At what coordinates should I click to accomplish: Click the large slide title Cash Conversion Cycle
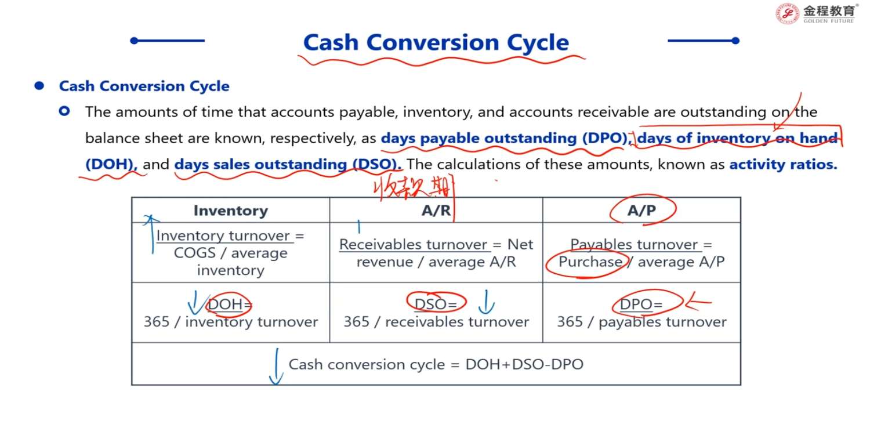coord(436,42)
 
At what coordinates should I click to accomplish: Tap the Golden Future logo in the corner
coord(815,13)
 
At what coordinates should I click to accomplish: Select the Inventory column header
coord(231,211)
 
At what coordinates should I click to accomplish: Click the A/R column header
coord(436,211)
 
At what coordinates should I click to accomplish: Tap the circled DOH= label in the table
coord(230,304)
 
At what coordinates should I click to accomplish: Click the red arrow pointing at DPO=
coord(698,302)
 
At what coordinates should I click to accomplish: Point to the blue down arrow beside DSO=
coord(486,302)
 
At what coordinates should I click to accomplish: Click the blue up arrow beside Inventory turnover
coord(151,234)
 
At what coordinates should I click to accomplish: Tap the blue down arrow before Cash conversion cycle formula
coord(276,367)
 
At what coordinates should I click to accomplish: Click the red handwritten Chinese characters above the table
coord(412,188)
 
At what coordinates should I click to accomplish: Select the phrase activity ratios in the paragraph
coord(783,164)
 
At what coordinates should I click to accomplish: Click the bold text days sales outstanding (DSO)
coord(288,164)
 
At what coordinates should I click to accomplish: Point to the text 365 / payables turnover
coord(641,322)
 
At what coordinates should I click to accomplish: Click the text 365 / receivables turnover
coord(436,321)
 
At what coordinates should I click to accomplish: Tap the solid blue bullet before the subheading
coord(39,85)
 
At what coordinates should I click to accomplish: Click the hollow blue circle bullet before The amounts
coord(64,111)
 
